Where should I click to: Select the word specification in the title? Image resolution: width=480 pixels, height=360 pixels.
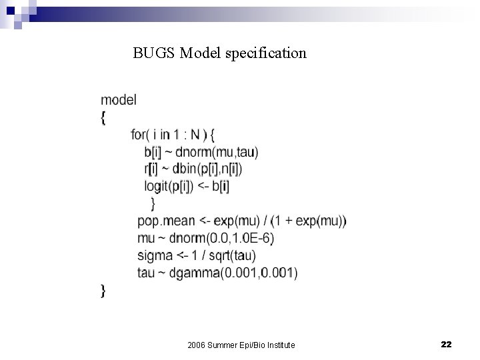[272, 53]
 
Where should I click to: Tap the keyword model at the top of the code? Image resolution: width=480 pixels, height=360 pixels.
[119, 100]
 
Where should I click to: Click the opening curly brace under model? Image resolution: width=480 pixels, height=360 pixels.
[103, 117]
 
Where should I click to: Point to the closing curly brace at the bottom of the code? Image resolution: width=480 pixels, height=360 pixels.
[103, 290]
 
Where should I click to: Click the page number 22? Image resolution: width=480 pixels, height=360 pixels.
[447, 344]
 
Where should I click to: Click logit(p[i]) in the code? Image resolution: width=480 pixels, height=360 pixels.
[169, 187]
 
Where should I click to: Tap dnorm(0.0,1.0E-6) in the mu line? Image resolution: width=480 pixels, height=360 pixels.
[224, 238]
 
